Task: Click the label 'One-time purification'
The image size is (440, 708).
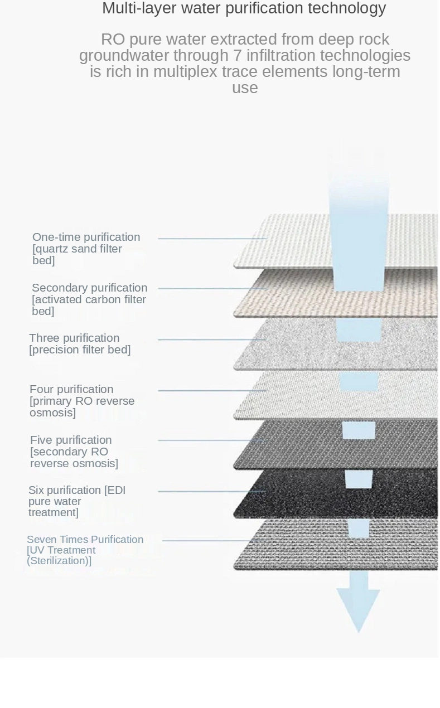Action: click(x=86, y=237)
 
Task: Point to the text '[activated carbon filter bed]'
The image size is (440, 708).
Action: click(x=89, y=305)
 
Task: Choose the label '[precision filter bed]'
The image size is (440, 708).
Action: click(x=80, y=350)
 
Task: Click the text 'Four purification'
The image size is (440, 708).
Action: click(x=71, y=389)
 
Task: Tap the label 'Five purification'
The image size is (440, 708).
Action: click(x=71, y=440)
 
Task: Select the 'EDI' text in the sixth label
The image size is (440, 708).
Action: click(x=117, y=490)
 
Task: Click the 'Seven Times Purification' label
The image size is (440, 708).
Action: click(x=85, y=539)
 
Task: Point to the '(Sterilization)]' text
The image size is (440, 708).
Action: click(x=59, y=561)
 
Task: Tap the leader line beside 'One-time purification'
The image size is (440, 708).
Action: click(x=212, y=238)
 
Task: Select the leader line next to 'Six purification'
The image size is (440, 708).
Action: click(x=212, y=492)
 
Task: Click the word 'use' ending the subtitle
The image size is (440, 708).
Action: click(x=245, y=88)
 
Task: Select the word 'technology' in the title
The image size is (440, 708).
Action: click(x=347, y=8)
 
